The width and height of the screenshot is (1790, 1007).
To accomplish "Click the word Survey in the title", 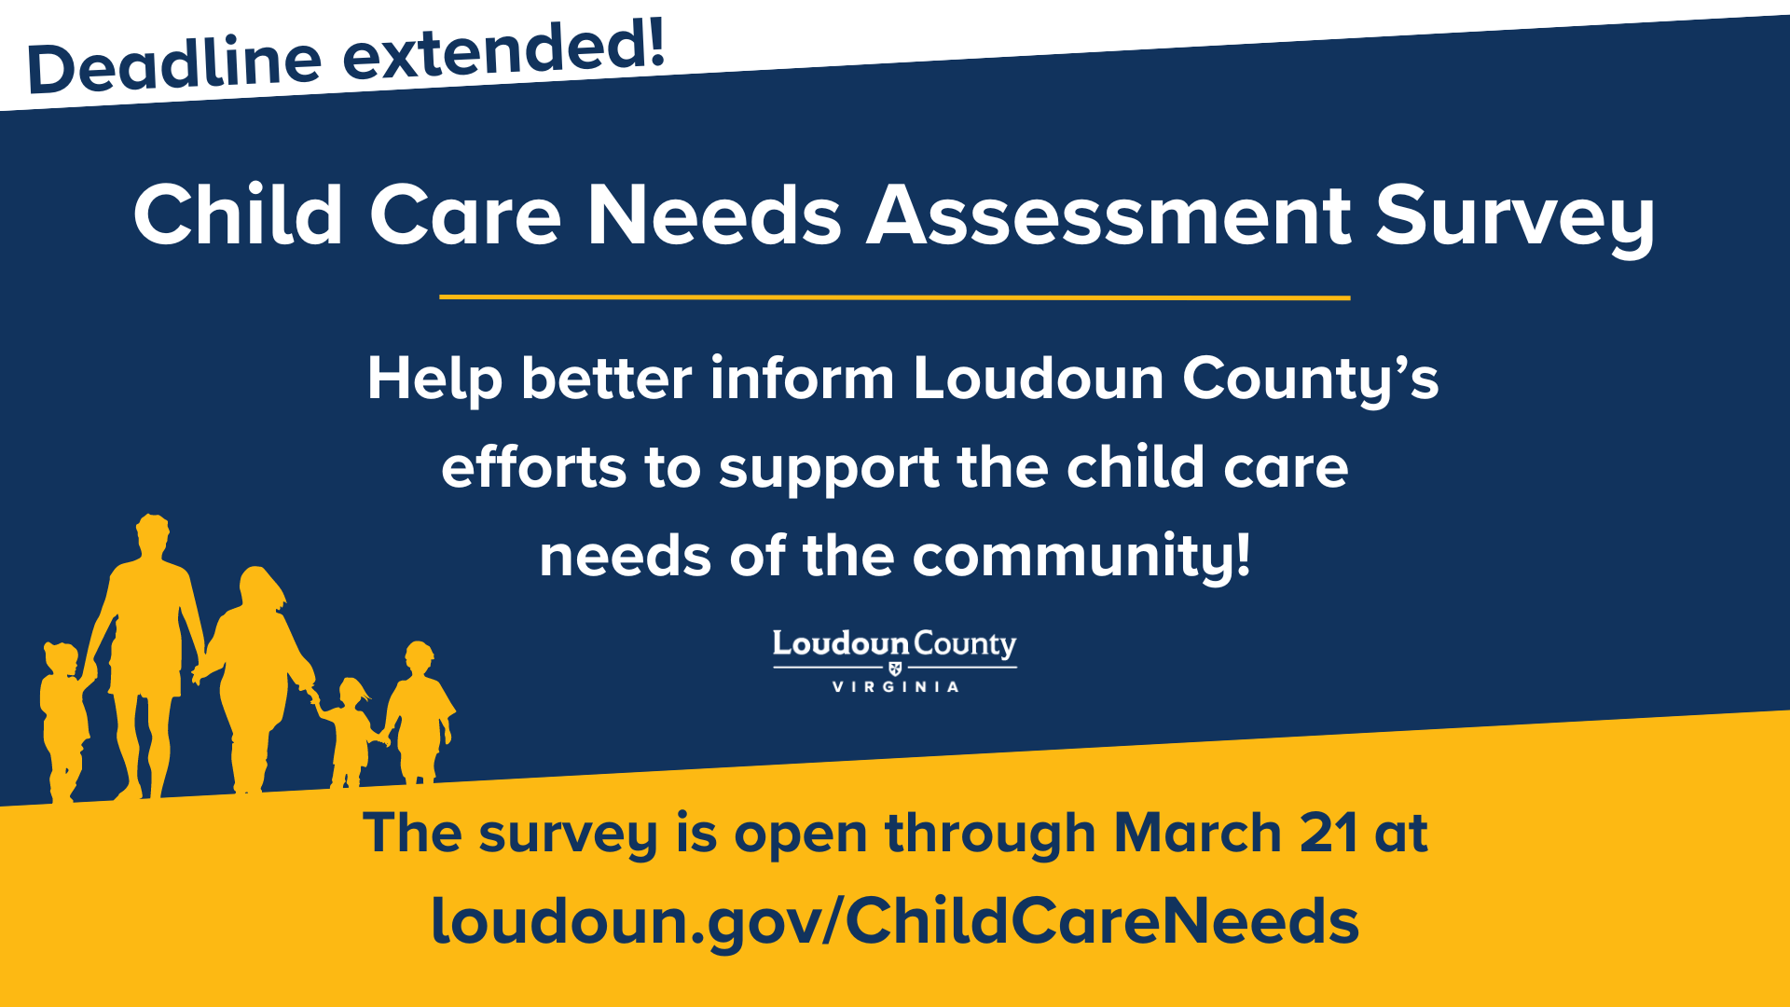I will click(1514, 217).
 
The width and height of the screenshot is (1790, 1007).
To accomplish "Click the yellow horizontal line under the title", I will click(895, 297).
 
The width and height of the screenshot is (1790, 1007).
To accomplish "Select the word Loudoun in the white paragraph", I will click(1039, 379).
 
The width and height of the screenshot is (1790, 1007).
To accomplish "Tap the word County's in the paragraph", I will click(1311, 380).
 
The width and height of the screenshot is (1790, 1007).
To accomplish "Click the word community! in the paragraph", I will click(1081, 557).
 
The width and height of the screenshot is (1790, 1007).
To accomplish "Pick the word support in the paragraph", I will click(829, 468).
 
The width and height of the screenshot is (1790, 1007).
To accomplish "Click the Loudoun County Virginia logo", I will click(895, 661).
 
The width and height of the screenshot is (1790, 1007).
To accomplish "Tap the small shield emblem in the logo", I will click(895, 668).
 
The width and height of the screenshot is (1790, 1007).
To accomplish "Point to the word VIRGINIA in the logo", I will click(895, 687).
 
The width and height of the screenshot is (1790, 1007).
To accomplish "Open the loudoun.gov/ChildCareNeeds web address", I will click(895, 921).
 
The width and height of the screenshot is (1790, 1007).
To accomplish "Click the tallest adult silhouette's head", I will click(153, 533).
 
